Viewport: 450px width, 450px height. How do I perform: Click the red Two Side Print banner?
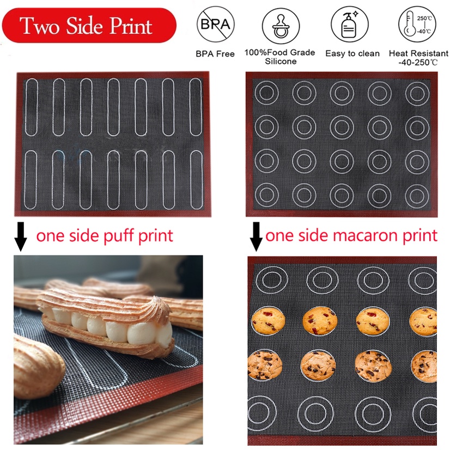tap(89, 25)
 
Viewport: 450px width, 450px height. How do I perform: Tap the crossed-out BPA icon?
tap(215, 25)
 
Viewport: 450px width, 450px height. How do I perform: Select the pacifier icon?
tap(281, 26)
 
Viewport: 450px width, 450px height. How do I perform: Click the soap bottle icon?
tap(350, 25)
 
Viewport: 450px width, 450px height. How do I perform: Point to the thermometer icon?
tap(417, 25)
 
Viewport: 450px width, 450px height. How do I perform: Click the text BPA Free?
tap(215, 54)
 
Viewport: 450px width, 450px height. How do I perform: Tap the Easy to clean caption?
tap(352, 53)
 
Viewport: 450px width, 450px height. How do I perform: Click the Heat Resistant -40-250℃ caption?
tap(418, 58)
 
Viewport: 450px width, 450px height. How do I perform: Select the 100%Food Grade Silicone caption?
tap(280, 57)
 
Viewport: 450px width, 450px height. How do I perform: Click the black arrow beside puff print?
tap(21, 236)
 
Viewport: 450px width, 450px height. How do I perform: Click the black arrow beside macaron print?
tap(256, 236)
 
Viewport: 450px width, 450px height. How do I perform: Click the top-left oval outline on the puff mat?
tap(26, 107)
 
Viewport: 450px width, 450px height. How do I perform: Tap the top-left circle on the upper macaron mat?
tap(255, 93)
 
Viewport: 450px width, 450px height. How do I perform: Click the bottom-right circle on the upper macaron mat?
tap(406, 195)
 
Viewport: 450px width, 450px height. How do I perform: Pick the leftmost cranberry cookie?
tap(269, 320)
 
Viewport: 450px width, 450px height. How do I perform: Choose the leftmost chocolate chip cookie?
tap(265, 365)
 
